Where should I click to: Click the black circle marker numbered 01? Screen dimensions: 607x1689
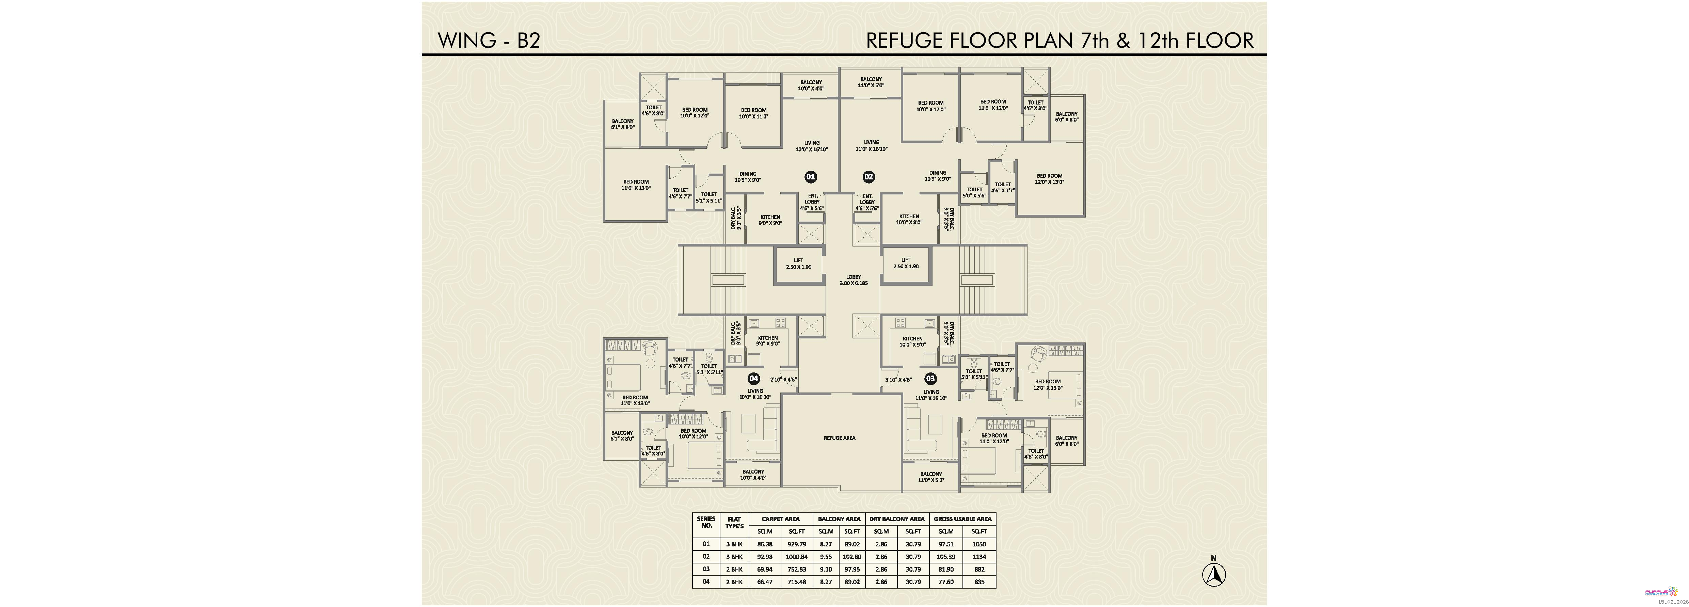pos(810,176)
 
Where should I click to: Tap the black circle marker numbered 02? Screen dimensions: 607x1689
pos(869,176)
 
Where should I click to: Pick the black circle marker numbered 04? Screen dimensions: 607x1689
pos(753,378)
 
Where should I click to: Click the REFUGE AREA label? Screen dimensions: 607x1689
pos(839,438)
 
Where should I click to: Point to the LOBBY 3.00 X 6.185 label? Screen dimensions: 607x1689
pos(853,280)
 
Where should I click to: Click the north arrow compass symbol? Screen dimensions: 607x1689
pos(1214,574)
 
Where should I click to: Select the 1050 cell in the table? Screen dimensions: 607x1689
pos(979,544)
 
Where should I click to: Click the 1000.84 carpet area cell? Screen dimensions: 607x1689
pos(797,557)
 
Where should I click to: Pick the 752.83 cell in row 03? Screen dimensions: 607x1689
pos(797,569)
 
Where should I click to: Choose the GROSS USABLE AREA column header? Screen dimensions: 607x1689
pos(962,518)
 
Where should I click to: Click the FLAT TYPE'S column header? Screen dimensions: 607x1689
pos(734,523)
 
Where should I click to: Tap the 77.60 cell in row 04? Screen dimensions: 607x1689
pos(945,581)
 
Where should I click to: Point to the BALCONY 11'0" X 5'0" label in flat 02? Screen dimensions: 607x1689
pos(871,82)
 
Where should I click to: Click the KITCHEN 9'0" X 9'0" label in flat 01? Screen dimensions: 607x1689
pos(770,220)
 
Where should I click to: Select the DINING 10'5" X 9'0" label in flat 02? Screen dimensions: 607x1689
pos(938,176)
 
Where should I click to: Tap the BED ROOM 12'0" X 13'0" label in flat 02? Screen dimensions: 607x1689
pos(1049,179)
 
